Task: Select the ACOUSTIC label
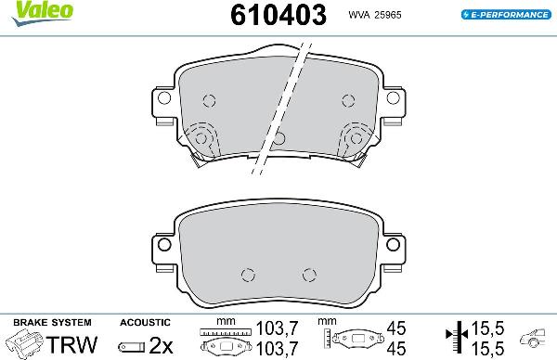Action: tap(144, 321)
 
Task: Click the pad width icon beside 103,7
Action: tap(226, 340)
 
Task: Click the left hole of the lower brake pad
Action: tap(247, 274)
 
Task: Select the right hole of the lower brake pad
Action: tap(309, 274)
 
